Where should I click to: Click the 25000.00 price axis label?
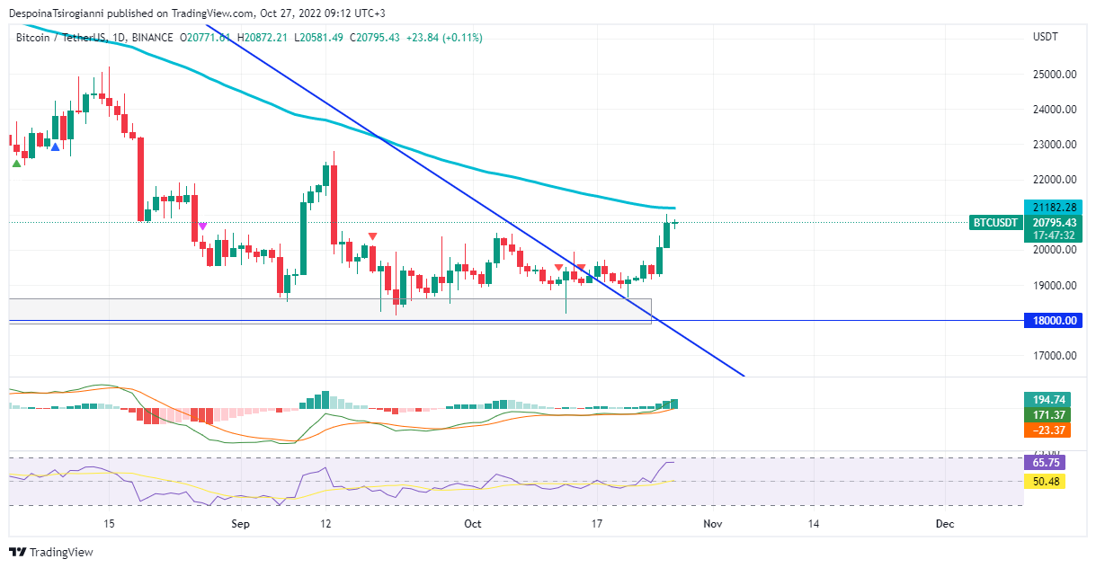tap(1055, 75)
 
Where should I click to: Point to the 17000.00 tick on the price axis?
tap(1055, 356)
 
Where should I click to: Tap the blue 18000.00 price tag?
tap(1053, 321)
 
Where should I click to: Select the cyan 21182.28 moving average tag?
tap(1053, 208)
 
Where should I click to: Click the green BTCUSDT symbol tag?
tap(995, 223)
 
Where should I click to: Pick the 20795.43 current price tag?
tap(1055, 222)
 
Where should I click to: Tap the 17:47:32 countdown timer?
tap(1055, 235)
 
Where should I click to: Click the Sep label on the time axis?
tap(238, 523)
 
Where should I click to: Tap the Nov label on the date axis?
tap(712, 523)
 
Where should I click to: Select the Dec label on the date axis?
tap(944, 523)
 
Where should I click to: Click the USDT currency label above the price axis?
tap(1046, 38)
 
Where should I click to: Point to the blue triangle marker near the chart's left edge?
tap(56, 147)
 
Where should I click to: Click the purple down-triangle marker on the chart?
tap(203, 226)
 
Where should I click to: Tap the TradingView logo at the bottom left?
tap(51, 552)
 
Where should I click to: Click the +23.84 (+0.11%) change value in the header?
tap(444, 38)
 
